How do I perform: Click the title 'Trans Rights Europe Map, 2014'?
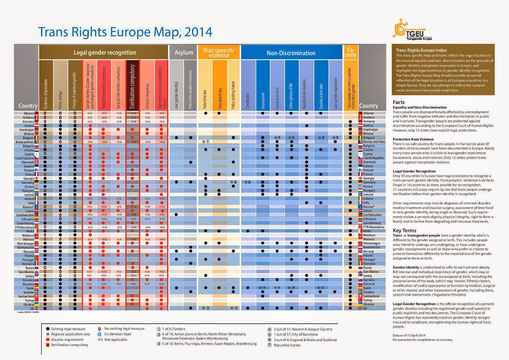(125, 32)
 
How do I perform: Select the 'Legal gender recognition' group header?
(105, 53)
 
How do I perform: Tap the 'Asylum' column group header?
(184, 53)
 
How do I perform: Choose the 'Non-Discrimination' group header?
(291, 53)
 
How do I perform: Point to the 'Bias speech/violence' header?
(219, 53)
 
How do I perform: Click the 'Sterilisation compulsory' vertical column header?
(133, 86)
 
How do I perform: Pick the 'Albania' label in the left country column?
(29, 113)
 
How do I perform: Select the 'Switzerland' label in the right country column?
(371, 296)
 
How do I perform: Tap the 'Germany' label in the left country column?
(28, 182)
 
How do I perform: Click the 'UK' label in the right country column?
(365, 308)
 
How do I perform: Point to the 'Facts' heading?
(399, 102)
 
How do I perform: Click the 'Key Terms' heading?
(404, 230)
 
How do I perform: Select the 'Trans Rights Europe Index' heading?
(421, 50)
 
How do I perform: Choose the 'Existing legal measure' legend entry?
(68, 329)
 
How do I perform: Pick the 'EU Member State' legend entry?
(117, 334)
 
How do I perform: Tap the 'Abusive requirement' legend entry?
(67, 340)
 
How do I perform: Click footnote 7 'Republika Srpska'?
(287, 345)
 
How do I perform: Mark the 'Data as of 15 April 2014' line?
(409, 335)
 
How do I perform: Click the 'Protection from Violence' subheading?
(413, 139)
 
